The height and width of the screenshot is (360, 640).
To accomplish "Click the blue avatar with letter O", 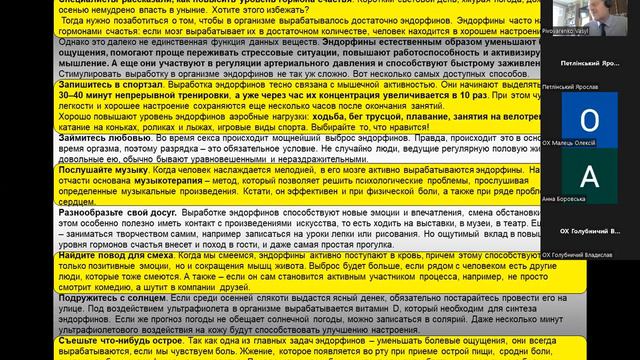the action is point(589,121).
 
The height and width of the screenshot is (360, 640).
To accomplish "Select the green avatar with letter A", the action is point(589,175).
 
